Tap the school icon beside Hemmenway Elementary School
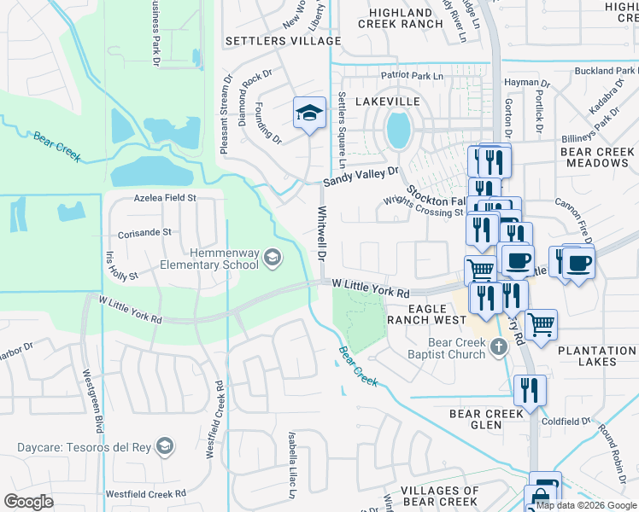point(272,257)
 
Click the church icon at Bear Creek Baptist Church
point(501,347)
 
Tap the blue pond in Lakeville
point(396,130)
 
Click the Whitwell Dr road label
point(323,233)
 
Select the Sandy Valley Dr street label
point(361,177)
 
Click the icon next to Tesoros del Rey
point(166,446)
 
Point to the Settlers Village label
point(271,40)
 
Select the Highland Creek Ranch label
point(406,18)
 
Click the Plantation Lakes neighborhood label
point(597,356)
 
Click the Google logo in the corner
point(29,501)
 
